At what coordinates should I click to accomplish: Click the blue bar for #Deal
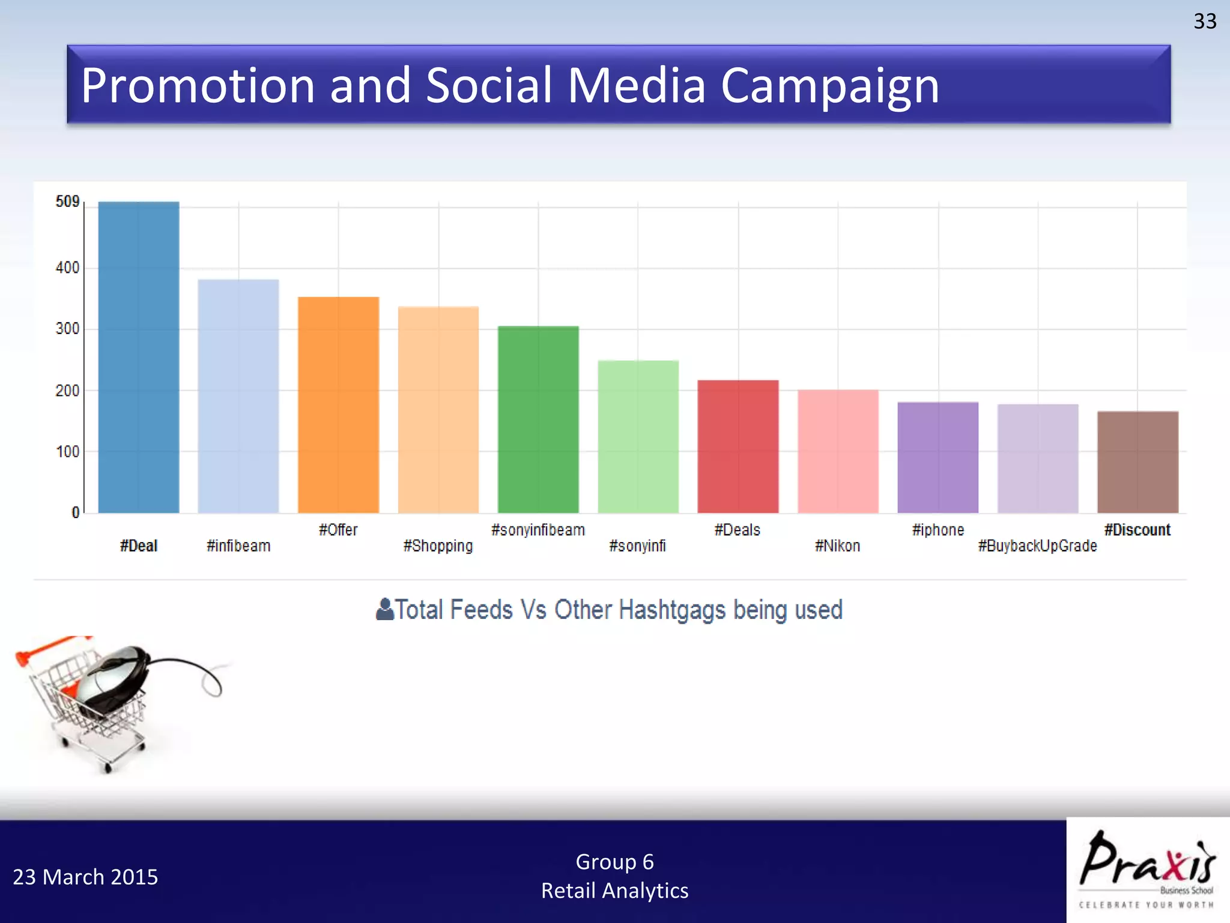[x=139, y=358]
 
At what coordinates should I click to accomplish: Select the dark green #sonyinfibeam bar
[x=538, y=419]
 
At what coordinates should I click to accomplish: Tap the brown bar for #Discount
[x=1138, y=462]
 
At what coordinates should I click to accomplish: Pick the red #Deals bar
[x=738, y=446]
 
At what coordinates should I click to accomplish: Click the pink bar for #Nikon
[x=838, y=451]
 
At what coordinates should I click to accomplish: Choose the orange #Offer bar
[x=338, y=405]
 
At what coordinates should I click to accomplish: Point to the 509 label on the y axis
[x=67, y=201]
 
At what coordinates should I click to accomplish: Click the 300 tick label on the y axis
[x=67, y=329]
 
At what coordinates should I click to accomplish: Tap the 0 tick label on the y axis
[x=75, y=513]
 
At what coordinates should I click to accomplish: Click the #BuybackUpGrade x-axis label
[x=1037, y=546]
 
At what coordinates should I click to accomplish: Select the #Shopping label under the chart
[x=438, y=546]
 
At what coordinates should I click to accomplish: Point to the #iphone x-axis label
[x=938, y=530]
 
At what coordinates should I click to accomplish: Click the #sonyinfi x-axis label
[x=637, y=546]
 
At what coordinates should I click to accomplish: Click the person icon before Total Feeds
[x=384, y=609]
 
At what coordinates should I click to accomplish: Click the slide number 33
[x=1204, y=22]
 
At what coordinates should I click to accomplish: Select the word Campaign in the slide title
[x=829, y=85]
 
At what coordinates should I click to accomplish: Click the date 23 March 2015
[x=85, y=877]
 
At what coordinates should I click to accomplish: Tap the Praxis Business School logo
[x=1147, y=869]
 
